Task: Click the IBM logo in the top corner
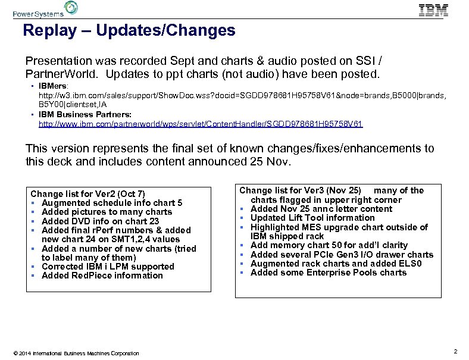[433, 10]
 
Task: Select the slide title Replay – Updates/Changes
[129, 30]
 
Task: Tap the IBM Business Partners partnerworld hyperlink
[201, 124]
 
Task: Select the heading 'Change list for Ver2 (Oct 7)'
[87, 193]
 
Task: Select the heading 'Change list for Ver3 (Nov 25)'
[299, 190]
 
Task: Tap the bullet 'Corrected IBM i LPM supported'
[108, 267]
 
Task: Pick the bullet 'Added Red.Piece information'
[102, 276]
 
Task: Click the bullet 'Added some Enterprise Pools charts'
[329, 273]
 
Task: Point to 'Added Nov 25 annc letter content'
[321, 209]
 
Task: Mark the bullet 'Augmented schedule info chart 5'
[112, 203]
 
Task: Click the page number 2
[455, 351]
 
